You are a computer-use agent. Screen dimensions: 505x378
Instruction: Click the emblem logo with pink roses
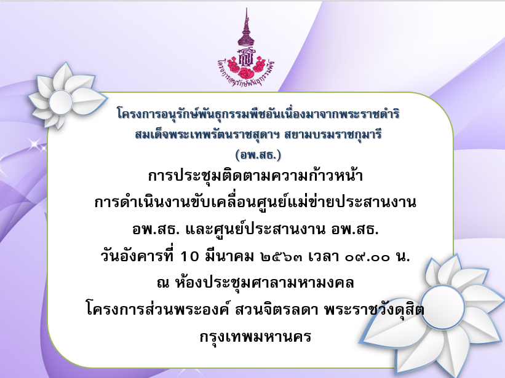tap(246, 47)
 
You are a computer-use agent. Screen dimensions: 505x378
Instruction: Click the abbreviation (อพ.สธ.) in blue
tap(258, 155)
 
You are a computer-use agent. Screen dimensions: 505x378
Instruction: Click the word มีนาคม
tap(229, 256)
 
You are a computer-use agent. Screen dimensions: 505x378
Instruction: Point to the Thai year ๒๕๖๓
tap(282, 257)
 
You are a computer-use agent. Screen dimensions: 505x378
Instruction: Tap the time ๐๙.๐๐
tap(367, 257)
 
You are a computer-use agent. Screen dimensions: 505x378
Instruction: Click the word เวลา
tap(324, 256)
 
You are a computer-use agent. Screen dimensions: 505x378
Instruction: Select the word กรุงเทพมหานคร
tap(255, 337)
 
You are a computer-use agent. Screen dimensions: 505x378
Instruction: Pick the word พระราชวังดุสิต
tap(374, 309)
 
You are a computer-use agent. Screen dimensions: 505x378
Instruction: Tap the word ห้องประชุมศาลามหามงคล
tap(264, 282)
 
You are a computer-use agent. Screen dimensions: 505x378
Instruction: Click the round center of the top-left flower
tap(61, 102)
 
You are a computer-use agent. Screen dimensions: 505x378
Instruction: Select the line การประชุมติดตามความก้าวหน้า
tap(255, 175)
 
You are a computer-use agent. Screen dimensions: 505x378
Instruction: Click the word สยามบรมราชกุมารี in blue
tap(333, 134)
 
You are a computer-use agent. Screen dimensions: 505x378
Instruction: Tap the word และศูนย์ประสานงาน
tap(255, 229)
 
